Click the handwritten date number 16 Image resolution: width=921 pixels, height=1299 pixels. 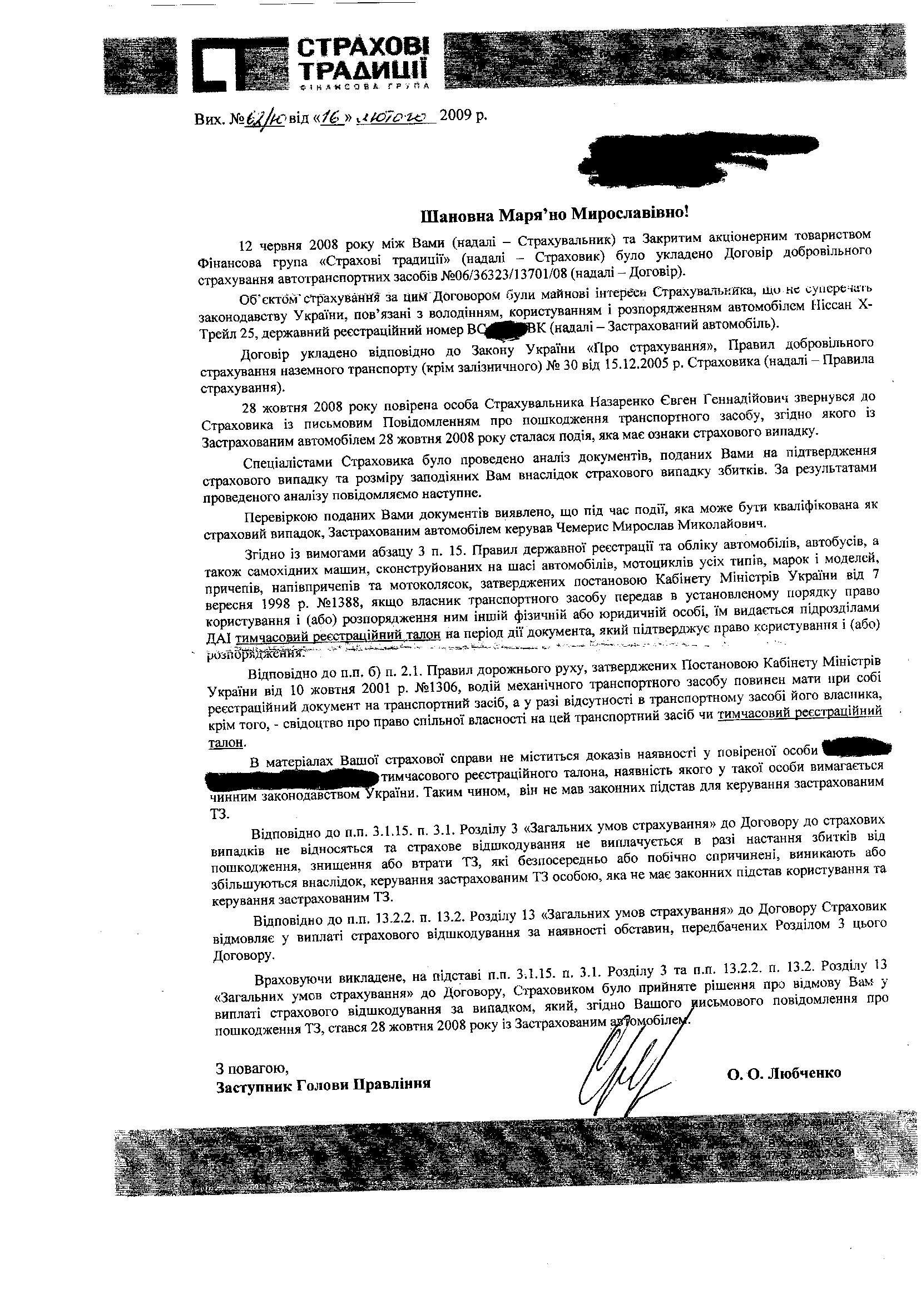pyautogui.click(x=333, y=117)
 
